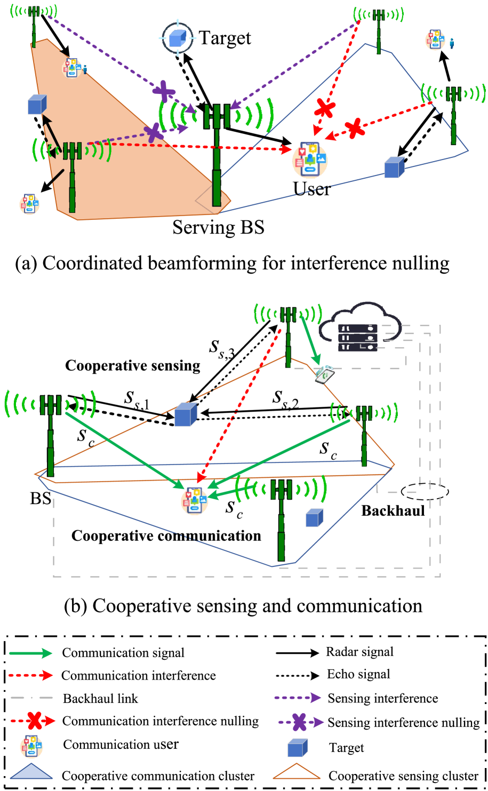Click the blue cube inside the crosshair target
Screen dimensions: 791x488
(x=178, y=38)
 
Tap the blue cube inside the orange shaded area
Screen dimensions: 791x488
(x=37, y=105)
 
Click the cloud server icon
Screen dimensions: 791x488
(x=360, y=328)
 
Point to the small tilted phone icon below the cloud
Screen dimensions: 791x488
(x=324, y=374)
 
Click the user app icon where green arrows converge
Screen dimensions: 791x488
(x=194, y=501)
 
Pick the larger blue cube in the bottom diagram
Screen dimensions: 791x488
(x=186, y=414)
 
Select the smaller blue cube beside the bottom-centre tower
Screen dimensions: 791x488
(x=314, y=518)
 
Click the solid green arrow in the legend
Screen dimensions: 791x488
(x=31, y=653)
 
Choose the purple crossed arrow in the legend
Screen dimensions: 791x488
(x=300, y=722)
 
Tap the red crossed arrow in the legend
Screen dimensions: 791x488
(x=34, y=721)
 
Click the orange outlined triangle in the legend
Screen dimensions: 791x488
(x=297, y=772)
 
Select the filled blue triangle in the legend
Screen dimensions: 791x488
(x=31, y=772)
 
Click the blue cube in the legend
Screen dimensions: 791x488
(x=298, y=748)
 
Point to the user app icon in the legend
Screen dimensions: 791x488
(x=31, y=747)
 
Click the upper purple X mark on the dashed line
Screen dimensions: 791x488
(x=164, y=91)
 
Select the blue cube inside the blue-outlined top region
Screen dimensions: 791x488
(x=394, y=167)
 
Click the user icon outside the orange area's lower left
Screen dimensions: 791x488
(x=29, y=204)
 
